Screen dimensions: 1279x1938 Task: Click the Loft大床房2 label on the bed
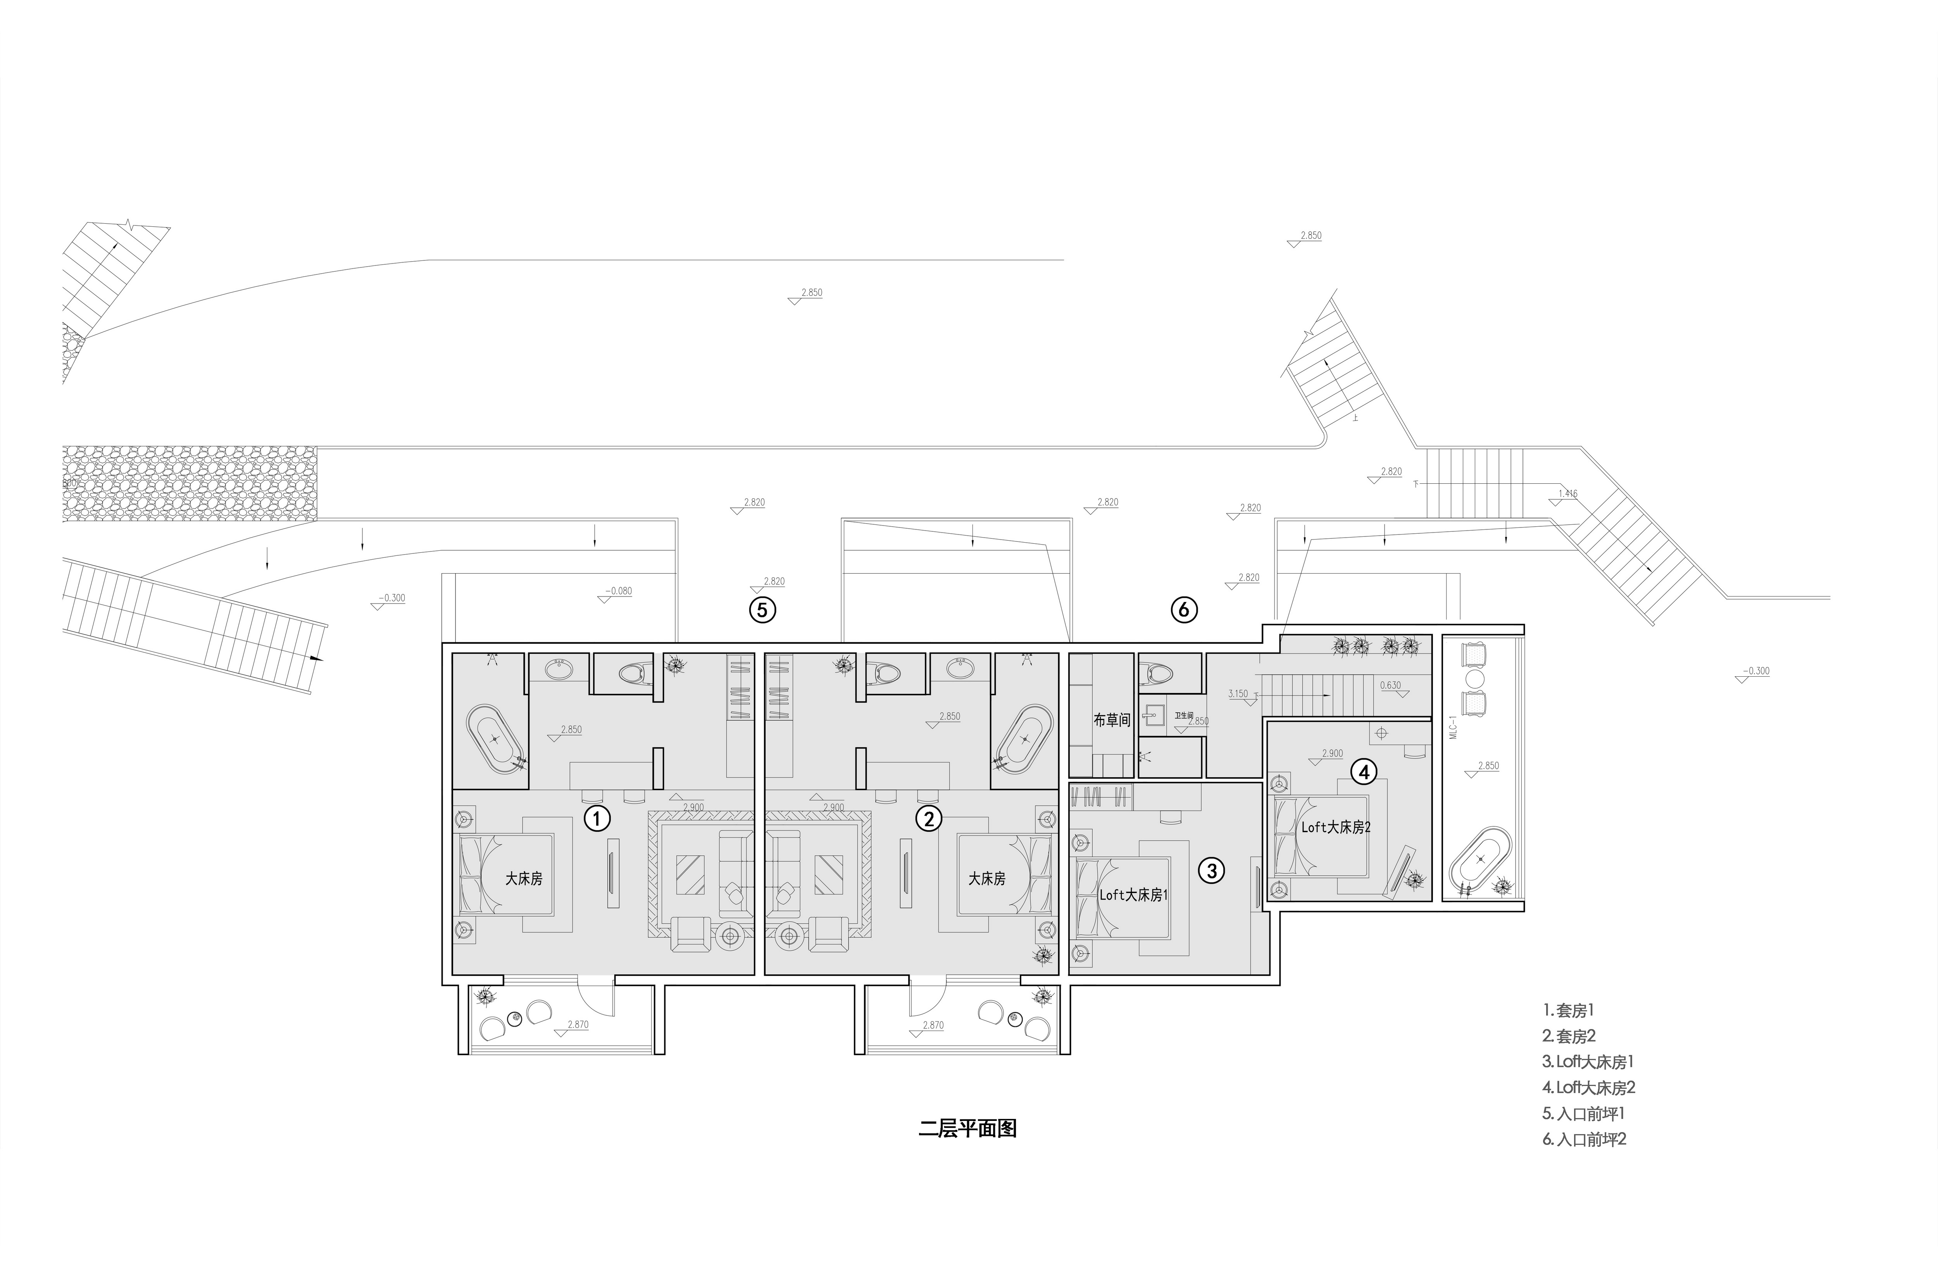(x=1335, y=827)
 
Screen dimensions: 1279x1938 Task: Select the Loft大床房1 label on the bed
(x=1133, y=895)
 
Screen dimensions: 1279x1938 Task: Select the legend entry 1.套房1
(x=1568, y=1010)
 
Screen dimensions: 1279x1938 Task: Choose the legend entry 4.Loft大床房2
(x=1588, y=1087)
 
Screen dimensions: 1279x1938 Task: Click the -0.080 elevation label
(x=618, y=591)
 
